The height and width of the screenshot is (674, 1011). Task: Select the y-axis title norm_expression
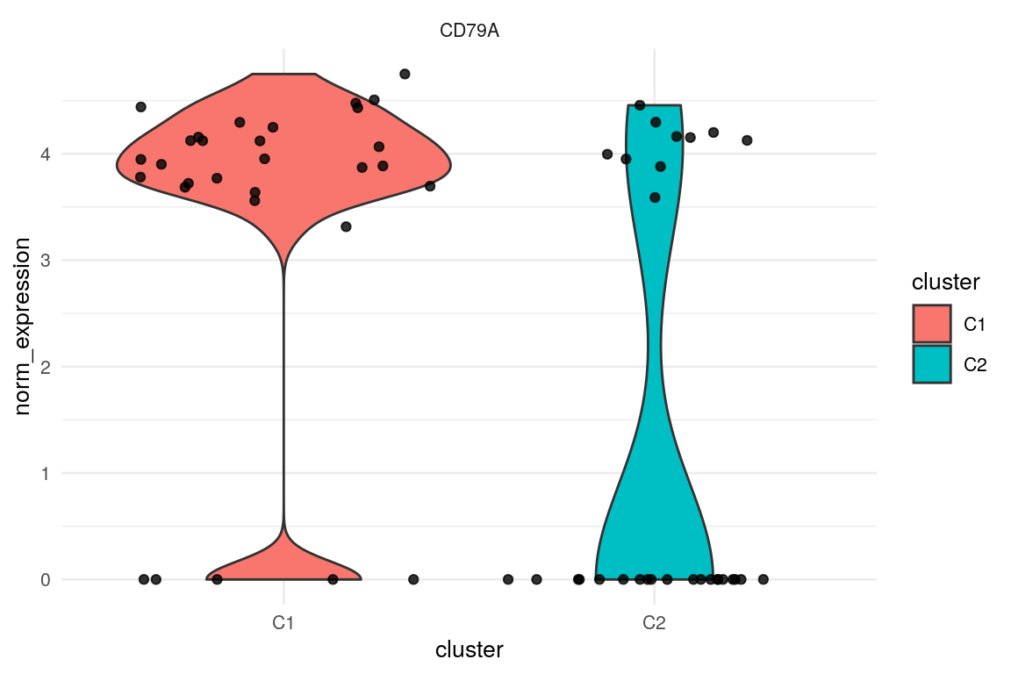[27, 325]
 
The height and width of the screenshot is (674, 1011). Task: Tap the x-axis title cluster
[470, 650]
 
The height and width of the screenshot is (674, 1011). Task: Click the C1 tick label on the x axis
[283, 624]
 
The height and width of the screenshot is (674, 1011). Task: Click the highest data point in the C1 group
[405, 74]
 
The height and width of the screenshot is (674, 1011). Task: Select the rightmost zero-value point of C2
[764, 579]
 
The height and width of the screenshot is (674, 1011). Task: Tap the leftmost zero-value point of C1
[144, 579]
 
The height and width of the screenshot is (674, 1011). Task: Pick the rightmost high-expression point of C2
[747, 140]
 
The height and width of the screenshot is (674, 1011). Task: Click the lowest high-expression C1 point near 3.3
[346, 226]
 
